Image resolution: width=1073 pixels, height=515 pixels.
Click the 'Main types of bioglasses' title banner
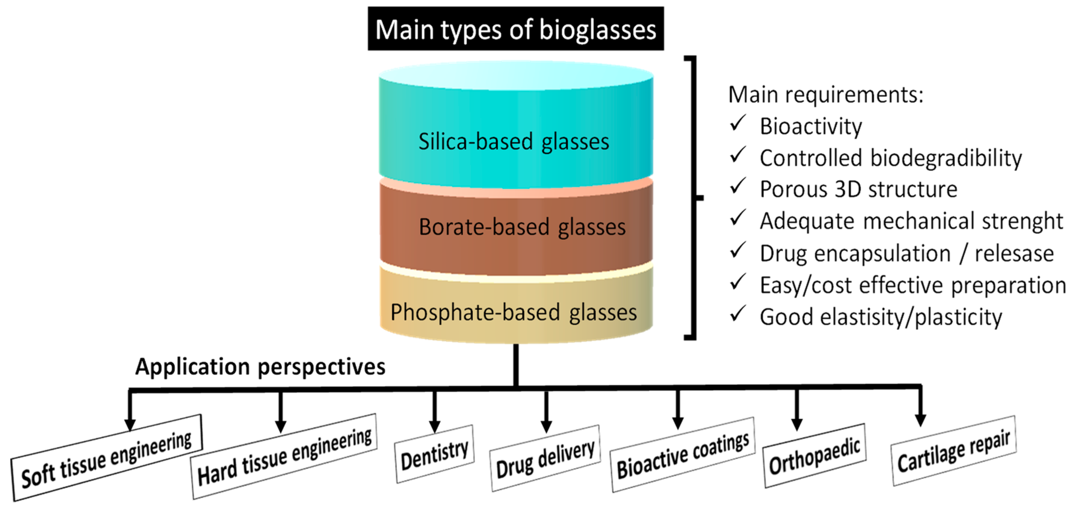[515, 29]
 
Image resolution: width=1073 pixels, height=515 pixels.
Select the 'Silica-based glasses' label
[514, 142]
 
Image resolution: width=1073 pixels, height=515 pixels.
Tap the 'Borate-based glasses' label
[522, 227]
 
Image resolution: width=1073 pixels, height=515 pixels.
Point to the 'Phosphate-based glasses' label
[514, 312]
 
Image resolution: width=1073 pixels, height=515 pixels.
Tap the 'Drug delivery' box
[545, 458]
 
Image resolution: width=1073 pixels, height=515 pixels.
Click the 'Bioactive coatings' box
[683, 455]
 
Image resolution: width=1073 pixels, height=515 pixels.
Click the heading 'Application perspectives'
[260, 367]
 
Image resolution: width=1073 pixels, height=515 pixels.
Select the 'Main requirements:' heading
[825, 95]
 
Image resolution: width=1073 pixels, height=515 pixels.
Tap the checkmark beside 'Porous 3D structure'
[738, 187]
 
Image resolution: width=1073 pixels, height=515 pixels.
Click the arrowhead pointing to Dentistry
[435, 426]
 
